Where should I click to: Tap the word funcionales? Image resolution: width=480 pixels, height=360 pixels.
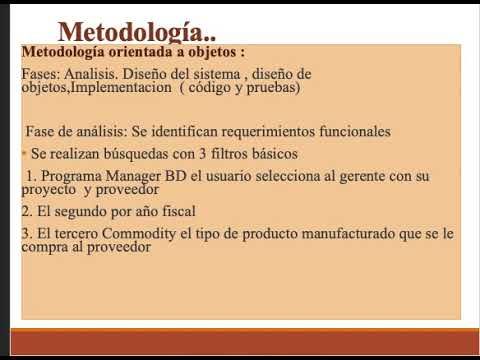(353, 131)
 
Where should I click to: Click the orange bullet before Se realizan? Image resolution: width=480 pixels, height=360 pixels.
(23, 154)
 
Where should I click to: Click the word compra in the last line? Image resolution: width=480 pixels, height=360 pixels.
(46, 248)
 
